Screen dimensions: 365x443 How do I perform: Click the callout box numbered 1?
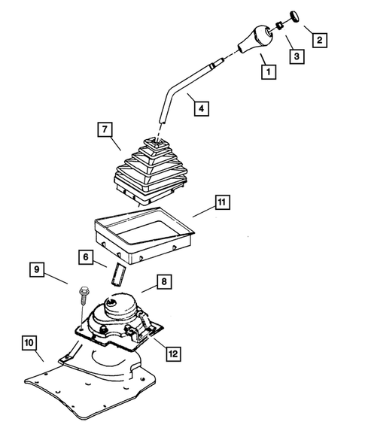click(269, 71)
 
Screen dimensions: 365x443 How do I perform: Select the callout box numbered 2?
click(320, 40)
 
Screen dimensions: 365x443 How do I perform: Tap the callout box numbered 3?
click(297, 56)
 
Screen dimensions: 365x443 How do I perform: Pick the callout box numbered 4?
click(201, 108)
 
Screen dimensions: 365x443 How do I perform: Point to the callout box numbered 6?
click(86, 257)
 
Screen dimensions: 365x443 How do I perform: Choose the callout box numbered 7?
click(105, 129)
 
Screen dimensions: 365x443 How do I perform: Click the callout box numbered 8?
click(164, 281)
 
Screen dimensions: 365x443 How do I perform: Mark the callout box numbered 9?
click(37, 269)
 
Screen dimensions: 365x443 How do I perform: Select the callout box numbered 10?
click(29, 343)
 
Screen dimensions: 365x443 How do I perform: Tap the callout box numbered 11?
click(222, 202)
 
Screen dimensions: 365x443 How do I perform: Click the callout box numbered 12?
click(173, 353)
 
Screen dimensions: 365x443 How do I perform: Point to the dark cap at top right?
click(295, 16)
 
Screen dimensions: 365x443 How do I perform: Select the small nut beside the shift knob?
click(280, 25)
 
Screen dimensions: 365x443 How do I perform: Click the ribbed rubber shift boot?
click(151, 171)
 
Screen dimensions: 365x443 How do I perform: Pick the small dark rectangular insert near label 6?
click(118, 275)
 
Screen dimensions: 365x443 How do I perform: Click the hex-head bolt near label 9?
click(83, 296)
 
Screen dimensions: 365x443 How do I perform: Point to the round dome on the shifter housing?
click(120, 306)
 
